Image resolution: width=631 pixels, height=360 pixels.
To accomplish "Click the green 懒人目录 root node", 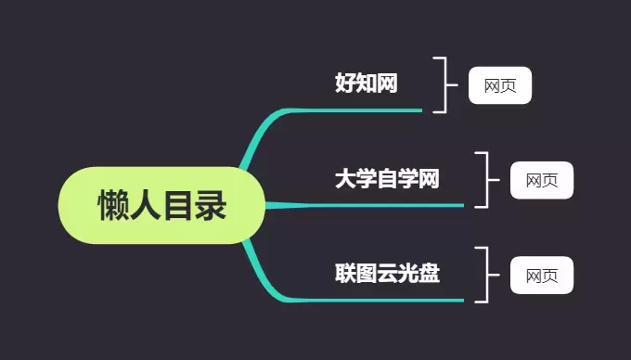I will click(x=162, y=205).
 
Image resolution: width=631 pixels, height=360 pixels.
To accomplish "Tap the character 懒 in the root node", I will click(x=114, y=206).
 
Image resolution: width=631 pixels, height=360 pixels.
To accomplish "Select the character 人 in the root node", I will click(x=147, y=206).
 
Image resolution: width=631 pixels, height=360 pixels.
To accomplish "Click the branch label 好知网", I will click(x=366, y=84).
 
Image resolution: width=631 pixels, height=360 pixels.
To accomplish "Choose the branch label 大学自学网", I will click(x=386, y=178).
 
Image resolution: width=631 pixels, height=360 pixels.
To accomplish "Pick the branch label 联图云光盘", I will click(x=387, y=274).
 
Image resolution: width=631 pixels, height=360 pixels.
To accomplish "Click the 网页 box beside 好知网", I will click(x=500, y=85).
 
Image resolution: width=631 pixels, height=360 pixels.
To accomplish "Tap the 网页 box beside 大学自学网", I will click(x=541, y=180).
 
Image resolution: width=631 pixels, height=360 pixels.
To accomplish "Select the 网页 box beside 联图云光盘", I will click(x=541, y=276).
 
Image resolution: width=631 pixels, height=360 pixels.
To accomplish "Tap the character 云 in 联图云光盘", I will click(x=387, y=274).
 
